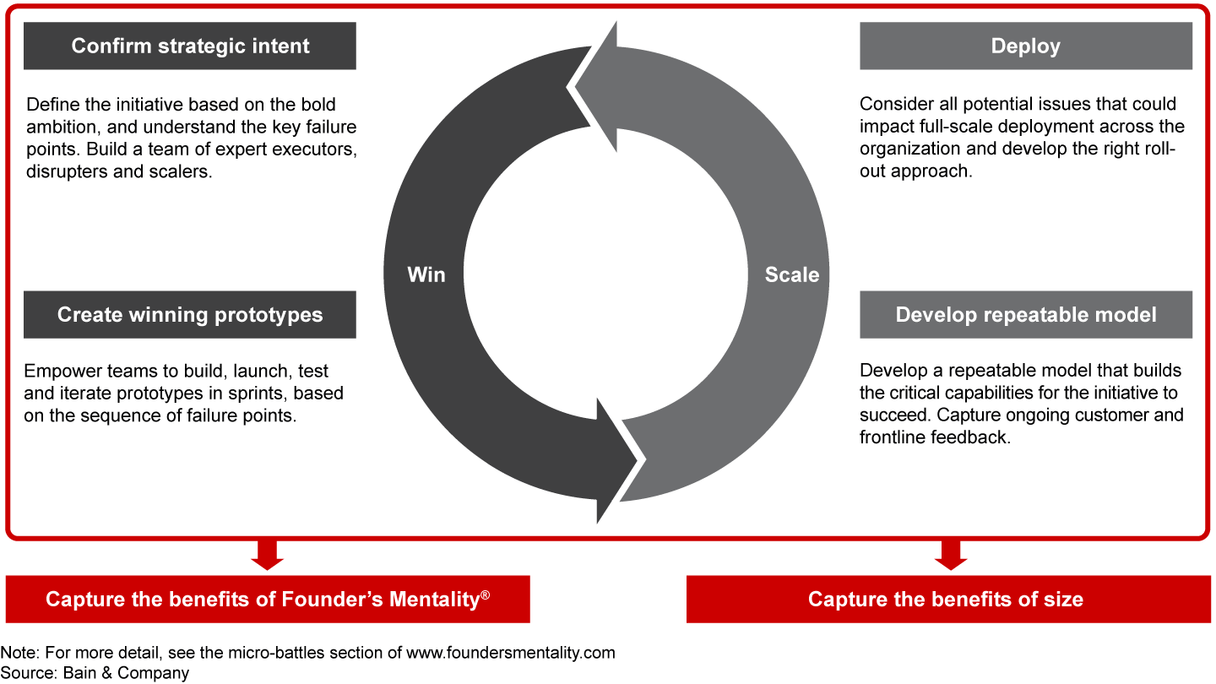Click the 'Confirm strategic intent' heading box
tap(190, 46)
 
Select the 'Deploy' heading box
tap(1025, 46)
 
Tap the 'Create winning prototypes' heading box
tap(190, 315)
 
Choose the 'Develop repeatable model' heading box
tap(1025, 315)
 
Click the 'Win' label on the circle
tap(426, 274)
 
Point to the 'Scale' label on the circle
tap(791, 274)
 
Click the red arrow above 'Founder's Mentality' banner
tap(268, 555)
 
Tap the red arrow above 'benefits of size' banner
tap(952, 555)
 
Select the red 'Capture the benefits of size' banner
tap(946, 600)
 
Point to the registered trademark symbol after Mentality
tap(485, 594)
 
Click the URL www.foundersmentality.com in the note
tap(511, 653)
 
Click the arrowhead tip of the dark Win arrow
tap(635, 460)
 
